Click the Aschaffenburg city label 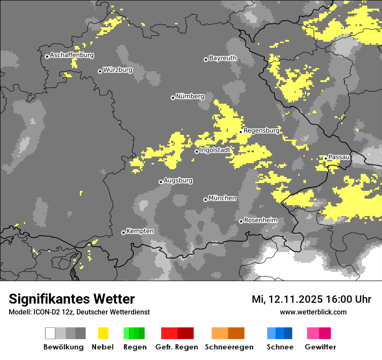[x=72, y=56]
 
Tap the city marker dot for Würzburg [x=100, y=71]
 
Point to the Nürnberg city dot [x=173, y=98]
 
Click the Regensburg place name [x=261, y=131]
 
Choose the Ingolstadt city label [x=215, y=150]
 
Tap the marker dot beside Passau [x=326, y=158]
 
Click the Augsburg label [x=178, y=180]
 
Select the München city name [x=222, y=198]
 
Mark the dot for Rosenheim [x=241, y=221]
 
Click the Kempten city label [x=140, y=231]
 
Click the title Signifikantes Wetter [x=72, y=299]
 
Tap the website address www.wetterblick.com [x=313, y=312]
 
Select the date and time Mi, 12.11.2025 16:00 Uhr [x=311, y=299]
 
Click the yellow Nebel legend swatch [x=103, y=333]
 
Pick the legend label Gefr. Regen [x=176, y=347]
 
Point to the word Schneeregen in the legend [x=229, y=347]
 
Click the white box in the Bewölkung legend [x=50, y=333]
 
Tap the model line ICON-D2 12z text [x=79, y=312]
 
